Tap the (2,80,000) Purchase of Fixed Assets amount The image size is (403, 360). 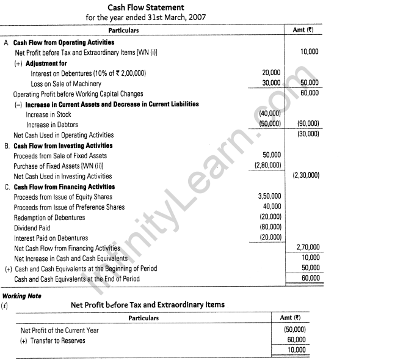pyautogui.click(x=268, y=166)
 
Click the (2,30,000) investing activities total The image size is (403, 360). pyautogui.click(x=305, y=176)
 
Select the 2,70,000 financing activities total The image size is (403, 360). pyautogui.click(x=307, y=248)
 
